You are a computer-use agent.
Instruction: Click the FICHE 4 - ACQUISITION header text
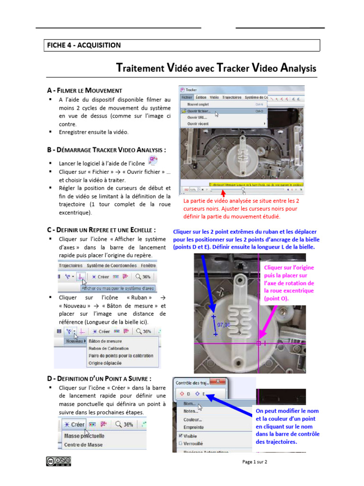pyautogui.click(x=83, y=46)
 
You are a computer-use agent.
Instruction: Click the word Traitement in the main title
pyautogui.click(x=140, y=68)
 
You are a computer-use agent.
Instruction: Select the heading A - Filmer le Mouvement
pyautogui.click(x=84, y=90)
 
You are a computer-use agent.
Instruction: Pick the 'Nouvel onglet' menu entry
pyautogui.click(x=200, y=104)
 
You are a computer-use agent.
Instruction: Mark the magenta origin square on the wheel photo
pyautogui.click(x=259, y=343)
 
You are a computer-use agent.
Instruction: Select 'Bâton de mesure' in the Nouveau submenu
pyautogui.click(x=105, y=341)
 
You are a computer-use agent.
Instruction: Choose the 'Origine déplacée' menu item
pyautogui.click(x=105, y=363)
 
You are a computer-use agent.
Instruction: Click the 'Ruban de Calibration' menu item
pyautogui.click(x=108, y=348)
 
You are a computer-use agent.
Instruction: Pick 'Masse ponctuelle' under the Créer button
pyautogui.click(x=84, y=436)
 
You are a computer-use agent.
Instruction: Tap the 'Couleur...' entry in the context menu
pyautogui.click(x=193, y=420)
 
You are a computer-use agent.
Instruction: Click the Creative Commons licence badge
pyautogui.click(x=58, y=460)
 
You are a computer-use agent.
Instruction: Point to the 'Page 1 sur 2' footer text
pyautogui.click(x=255, y=462)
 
